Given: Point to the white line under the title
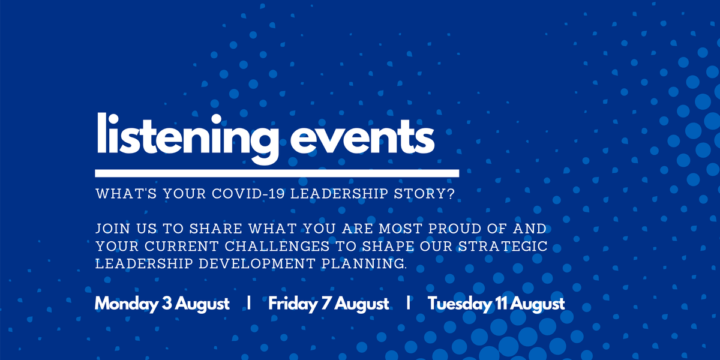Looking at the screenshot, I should point(277,173).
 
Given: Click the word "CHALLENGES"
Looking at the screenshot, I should point(272,247).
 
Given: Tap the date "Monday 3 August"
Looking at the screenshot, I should point(162,304).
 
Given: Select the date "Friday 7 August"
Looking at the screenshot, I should point(329,304).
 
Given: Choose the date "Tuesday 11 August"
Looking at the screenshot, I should point(496,304).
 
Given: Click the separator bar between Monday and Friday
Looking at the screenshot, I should point(248,303).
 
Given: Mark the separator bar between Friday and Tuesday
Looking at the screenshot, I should point(408,303).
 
